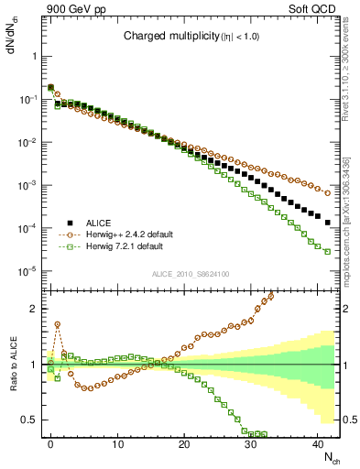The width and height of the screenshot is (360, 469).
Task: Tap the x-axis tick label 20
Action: [x=184, y=443]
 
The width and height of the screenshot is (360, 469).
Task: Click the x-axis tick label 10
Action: [x=117, y=443]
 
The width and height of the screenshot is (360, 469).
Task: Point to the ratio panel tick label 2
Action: [x=36, y=309]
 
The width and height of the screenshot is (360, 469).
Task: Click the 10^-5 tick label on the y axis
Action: [x=30, y=271]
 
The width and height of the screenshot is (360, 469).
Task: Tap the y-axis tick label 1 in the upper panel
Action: [x=36, y=56]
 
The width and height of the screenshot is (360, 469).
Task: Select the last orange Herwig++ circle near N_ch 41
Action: [x=327, y=193]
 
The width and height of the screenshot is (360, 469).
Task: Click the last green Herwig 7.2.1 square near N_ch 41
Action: [x=327, y=252]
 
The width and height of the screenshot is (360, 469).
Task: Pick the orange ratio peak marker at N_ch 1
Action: [x=57, y=323]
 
